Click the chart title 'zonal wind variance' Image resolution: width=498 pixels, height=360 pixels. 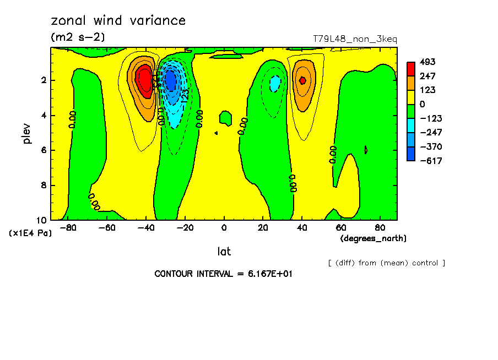tap(118, 21)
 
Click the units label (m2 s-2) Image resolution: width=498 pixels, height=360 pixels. tap(78, 37)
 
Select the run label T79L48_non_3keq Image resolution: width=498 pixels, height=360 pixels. tap(355, 39)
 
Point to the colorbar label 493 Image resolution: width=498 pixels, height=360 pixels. tap(427, 62)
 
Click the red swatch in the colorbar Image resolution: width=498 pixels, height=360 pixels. tap(411, 69)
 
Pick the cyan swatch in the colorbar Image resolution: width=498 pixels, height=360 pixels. tap(411, 126)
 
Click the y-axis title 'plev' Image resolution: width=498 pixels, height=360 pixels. tap(26, 134)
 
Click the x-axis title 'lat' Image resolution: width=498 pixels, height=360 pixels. tap(224, 252)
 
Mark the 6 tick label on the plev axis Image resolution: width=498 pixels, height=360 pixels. tap(43, 150)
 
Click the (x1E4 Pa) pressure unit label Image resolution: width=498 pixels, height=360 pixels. tap(30, 233)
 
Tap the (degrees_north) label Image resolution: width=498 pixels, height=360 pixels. tap(373, 238)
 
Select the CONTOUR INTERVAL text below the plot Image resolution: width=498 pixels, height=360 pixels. tap(223, 274)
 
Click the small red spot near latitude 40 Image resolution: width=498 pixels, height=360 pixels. tap(302, 80)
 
